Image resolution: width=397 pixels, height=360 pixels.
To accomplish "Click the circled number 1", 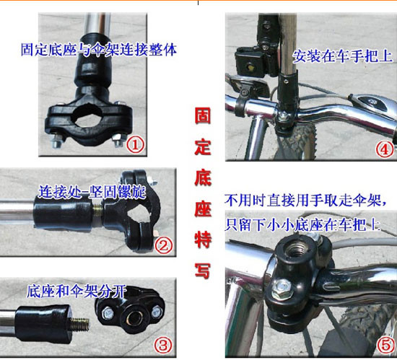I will coord(136,144).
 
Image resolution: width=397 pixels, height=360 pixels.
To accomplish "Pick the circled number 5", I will coord(384,345).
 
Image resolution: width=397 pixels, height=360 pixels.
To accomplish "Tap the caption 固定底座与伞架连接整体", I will coord(98,51).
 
